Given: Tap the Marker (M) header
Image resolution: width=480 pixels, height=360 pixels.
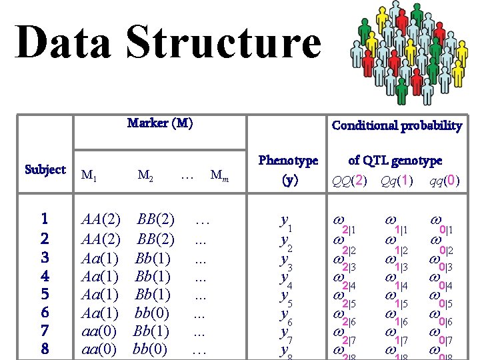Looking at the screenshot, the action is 160,123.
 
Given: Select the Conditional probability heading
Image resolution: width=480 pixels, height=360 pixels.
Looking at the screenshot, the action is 397,125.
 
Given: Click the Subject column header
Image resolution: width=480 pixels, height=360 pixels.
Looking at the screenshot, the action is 45,169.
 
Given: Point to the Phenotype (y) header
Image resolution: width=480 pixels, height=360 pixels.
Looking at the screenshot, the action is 288,169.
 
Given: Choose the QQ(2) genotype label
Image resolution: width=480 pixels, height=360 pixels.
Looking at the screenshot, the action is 351,181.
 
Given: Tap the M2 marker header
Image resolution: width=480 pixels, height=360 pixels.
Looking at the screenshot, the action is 145,176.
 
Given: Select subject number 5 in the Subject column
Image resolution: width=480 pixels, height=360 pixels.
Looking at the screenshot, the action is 45,294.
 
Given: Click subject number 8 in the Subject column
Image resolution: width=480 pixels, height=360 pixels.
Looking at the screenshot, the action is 45,349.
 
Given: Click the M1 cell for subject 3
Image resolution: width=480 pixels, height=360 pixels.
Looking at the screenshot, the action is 100,258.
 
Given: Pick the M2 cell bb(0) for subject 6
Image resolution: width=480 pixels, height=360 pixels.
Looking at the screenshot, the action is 150,312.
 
